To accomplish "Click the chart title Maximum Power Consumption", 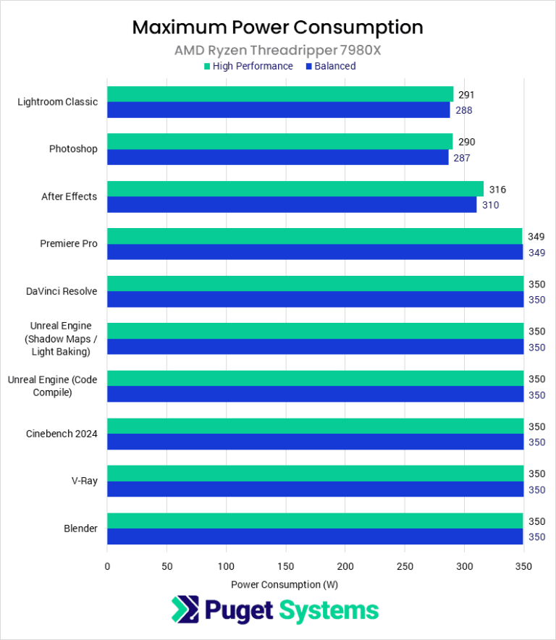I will [x=277, y=28].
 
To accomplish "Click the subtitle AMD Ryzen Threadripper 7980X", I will [x=277, y=50].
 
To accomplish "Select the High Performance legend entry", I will [x=248, y=66].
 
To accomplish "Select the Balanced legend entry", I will [x=330, y=66].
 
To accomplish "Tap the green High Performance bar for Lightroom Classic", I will [x=280, y=94].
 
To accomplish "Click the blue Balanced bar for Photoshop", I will [x=277, y=157].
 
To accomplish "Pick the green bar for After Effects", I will [x=295, y=189].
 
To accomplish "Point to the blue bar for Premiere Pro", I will [x=315, y=252].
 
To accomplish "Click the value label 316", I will [x=497, y=190].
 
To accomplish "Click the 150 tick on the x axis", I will [x=286, y=566].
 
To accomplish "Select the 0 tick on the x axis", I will [x=107, y=566].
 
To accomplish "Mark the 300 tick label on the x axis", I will [x=464, y=566].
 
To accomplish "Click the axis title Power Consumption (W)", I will [x=285, y=584].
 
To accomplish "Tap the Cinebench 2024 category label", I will [x=62, y=434].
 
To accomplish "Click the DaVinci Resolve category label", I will [x=61, y=292].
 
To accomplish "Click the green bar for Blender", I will [x=315, y=521].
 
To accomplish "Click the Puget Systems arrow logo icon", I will [x=185, y=610].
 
